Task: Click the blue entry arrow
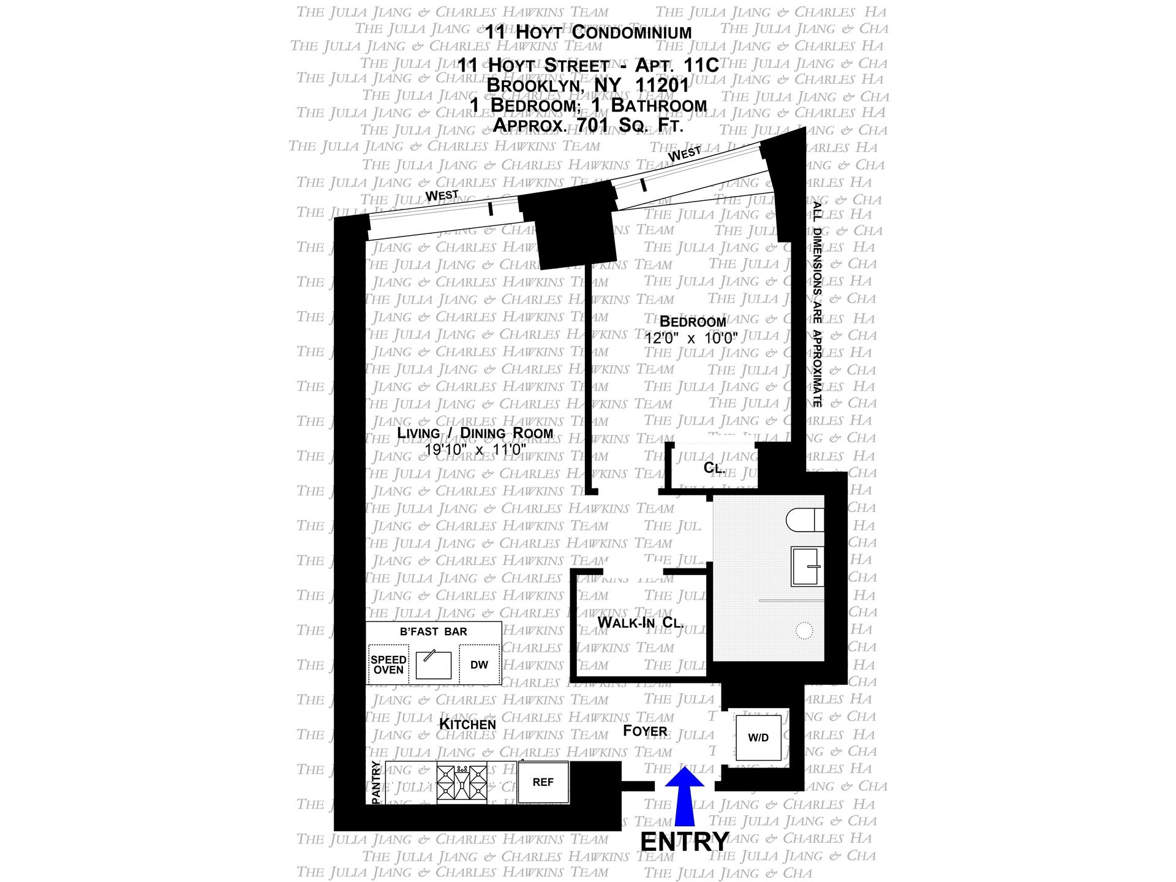(x=685, y=796)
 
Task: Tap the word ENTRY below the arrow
(x=685, y=842)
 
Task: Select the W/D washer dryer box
(x=758, y=737)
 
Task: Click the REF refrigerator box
(x=543, y=782)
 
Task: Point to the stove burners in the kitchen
(x=462, y=783)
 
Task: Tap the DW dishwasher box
(x=479, y=665)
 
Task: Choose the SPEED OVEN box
(x=388, y=665)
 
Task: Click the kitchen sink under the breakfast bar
(x=433, y=665)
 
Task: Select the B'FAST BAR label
(x=433, y=631)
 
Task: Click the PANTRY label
(x=375, y=782)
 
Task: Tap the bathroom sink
(x=807, y=567)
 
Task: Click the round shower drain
(x=804, y=630)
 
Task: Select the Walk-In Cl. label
(x=641, y=623)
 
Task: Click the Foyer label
(x=645, y=731)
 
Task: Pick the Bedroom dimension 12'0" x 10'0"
(x=692, y=337)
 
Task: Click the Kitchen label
(x=467, y=724)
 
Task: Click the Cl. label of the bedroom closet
(x=714, y=468)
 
